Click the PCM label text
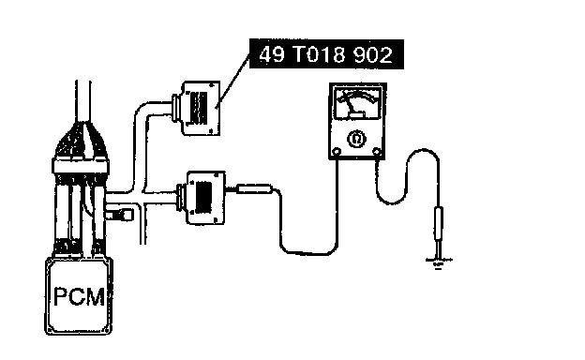point(79,296)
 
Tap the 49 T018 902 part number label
point(326,54)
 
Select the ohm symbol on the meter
point(356,139)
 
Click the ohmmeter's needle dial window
point(357,103)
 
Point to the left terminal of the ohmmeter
point(337,152)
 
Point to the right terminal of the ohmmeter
point(377,152)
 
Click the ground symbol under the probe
point(439,262)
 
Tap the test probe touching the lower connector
point(254,189)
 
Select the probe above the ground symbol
point(439,228)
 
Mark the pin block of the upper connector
point(198,108)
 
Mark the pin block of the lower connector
point(203,198)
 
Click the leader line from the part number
point(233,79)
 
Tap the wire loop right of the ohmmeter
point(408,176)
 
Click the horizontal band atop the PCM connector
point(81,166)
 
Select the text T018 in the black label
point(320,54)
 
